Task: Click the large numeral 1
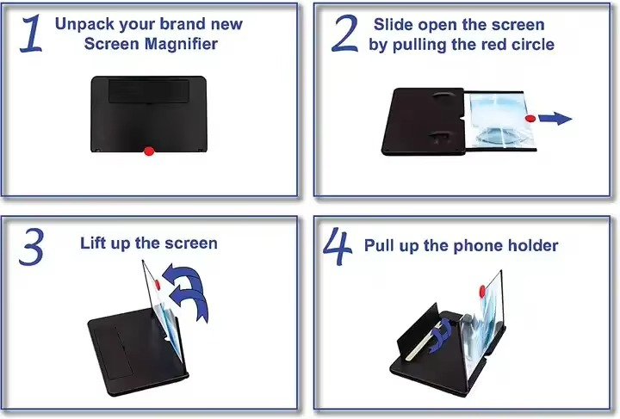(x=29, y=35)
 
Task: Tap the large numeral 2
(x=344, y=35)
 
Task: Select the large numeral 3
(x=31, y=247)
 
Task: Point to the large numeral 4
(x=338, y=248)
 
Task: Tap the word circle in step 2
(x=530, y=45)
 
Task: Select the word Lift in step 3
(x=95, y=243)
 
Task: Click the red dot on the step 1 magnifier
(x=148, y=151)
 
